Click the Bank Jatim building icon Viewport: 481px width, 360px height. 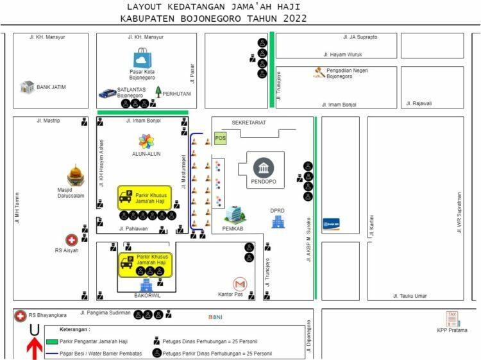pos(27,87)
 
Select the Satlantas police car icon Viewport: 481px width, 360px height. pos(107,93)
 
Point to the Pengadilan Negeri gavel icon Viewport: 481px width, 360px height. pos(319,73)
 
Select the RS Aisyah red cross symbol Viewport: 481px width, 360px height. pos(71,239)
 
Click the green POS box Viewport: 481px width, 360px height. pos(221,138)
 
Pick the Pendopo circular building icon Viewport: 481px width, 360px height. pos(264,168)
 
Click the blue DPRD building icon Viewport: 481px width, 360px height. pos(278,222)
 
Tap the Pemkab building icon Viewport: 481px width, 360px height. pos(233,214)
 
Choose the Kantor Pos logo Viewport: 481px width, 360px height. pos(240,284)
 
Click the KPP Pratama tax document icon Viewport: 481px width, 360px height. pos(453,318)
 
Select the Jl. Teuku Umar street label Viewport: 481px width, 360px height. pos(410,296)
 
